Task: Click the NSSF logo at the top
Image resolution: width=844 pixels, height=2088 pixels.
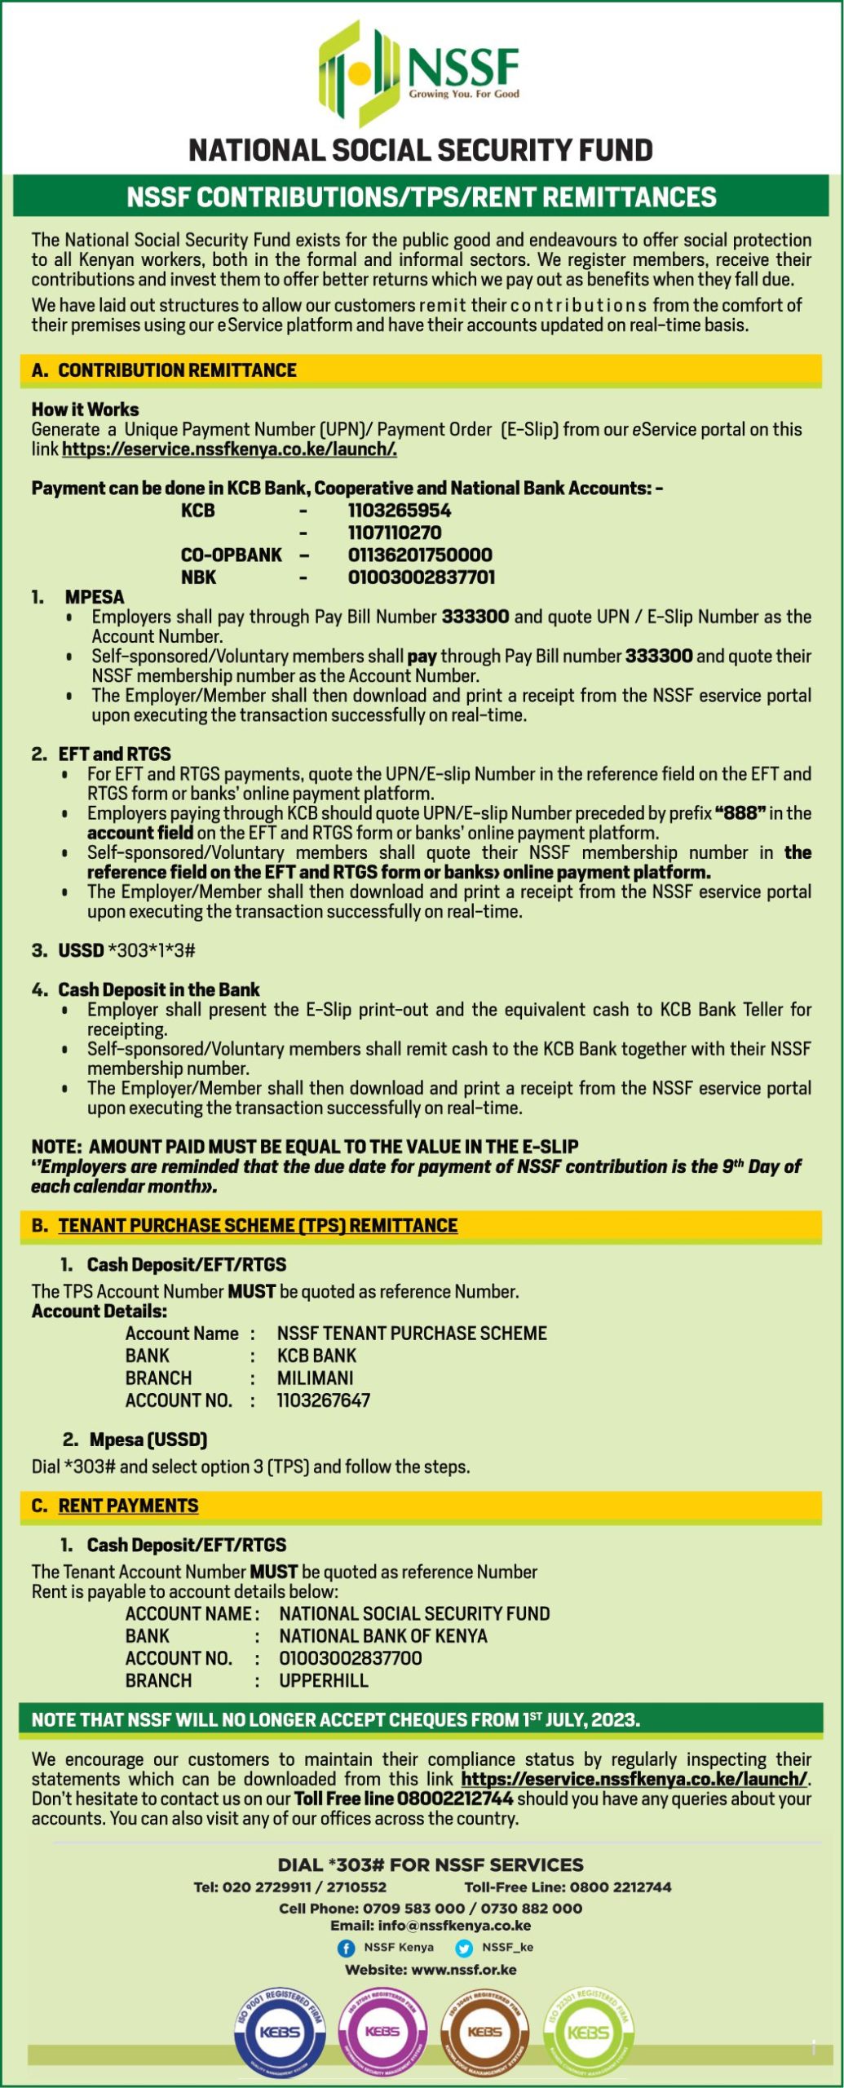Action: (419, 73)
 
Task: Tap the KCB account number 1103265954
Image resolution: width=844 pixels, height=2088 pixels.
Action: (399, 511)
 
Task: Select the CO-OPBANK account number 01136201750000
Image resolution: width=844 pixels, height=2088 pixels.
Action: (420, 555)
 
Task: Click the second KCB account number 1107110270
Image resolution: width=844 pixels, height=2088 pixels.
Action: (395, 533)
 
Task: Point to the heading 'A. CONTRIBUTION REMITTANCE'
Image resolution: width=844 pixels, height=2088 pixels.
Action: (164, 370)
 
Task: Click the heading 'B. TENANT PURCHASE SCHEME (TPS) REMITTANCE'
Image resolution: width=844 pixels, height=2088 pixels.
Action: (245, 1225)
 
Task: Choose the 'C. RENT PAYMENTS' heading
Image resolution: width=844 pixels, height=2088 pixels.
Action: (115, 1506)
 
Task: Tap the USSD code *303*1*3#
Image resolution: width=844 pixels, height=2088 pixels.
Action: (152, 950)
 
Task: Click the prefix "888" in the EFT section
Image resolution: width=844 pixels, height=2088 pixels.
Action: (740, 813)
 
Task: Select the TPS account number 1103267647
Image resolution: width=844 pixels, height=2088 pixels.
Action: (324, 1400)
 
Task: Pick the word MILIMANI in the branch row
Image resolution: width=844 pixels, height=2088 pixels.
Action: (316, 1378)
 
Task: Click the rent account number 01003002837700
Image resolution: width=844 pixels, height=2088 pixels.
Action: (351, 1658)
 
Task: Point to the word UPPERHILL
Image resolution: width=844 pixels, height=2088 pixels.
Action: (324, 1680)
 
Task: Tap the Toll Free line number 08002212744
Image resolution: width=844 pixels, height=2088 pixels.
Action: (450, 1798)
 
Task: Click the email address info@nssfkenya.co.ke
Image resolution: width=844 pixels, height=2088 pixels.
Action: (454, 1926)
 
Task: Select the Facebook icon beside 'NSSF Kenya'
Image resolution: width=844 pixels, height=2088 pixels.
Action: (346, 1948)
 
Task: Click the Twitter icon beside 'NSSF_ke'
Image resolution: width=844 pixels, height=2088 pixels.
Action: (464, 1948)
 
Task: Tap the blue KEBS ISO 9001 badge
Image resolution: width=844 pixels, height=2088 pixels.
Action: (280, 2031)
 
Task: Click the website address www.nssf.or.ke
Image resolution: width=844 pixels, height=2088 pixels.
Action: (464, 1970)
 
